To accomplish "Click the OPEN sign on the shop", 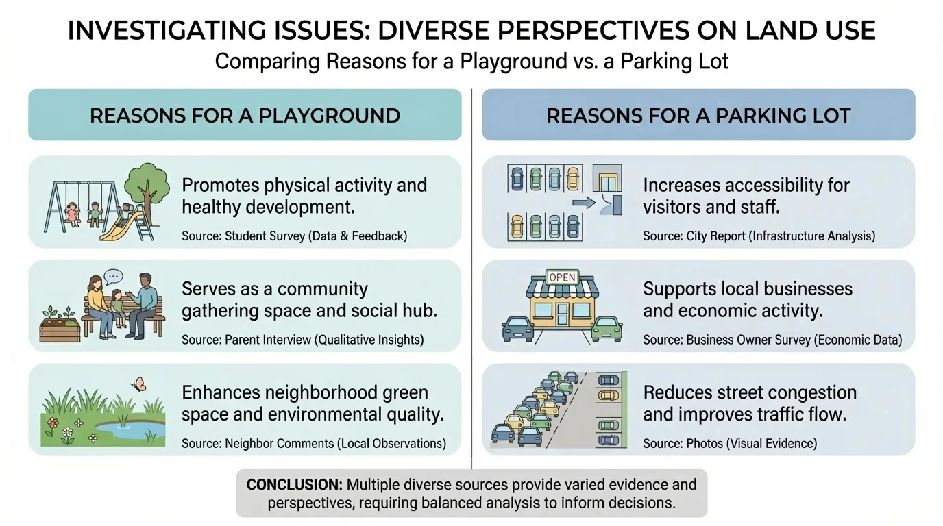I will click(561, 277).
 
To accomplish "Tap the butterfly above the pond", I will click(139, 384).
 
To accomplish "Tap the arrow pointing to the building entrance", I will click(583, 203).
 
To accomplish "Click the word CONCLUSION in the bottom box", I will click(295, 485).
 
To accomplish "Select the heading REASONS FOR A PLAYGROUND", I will click(245, 115).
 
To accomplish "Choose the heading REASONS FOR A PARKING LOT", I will click(698, 115).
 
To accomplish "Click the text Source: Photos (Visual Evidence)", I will click(730, 444).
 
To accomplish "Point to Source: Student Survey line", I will click(294, 236).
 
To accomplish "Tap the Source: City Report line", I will click(759, 236).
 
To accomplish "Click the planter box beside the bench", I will click(59, 327).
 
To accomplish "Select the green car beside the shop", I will click(607, 327).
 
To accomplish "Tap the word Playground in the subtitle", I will click(517, 62).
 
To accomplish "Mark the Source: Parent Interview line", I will click(302, 340).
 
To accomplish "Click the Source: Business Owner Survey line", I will click(772, 340).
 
